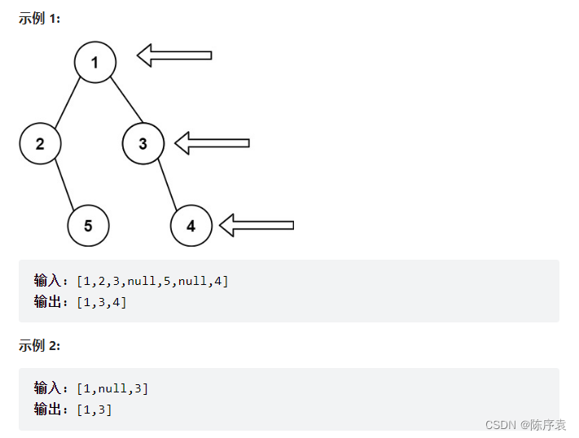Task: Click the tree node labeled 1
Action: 94,62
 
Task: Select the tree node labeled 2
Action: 40,144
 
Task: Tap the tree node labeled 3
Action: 143,144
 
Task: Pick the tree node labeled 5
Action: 88,226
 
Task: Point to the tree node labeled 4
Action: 191,226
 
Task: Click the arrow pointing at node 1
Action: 173,55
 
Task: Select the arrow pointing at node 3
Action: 212,143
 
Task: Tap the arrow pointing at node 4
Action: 256,225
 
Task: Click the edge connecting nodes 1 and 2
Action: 67,103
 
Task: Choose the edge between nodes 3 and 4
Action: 168,185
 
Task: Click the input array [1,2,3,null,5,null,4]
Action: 152,282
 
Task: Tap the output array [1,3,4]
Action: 102,302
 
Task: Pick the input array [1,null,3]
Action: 112,388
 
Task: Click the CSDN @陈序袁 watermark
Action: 525,425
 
